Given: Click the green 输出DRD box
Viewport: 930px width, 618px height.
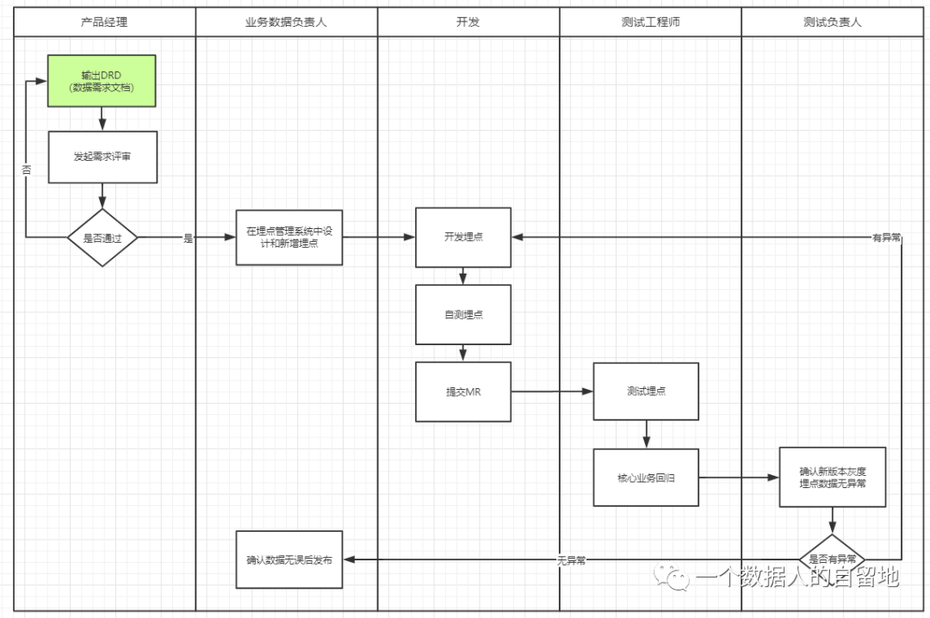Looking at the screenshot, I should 102,81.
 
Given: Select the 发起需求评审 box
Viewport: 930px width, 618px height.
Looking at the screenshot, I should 102,157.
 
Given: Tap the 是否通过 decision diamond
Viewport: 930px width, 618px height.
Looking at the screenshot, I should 102,238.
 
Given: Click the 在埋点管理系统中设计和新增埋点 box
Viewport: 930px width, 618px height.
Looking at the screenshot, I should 288,238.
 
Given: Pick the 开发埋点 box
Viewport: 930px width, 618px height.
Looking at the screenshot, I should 463,237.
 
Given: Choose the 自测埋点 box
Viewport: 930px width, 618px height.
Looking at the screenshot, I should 463,314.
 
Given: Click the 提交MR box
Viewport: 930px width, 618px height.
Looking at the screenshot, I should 463,392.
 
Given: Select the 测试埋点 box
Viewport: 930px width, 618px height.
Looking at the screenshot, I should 646,392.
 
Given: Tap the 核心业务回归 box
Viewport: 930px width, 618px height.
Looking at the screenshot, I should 646,477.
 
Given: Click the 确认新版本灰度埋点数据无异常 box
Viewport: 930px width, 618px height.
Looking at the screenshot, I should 832,477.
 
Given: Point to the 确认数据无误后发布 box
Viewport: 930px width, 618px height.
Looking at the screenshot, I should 288,559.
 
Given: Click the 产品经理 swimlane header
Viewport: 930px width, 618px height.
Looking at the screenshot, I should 104,22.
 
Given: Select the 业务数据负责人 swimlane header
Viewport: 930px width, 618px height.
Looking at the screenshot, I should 286,22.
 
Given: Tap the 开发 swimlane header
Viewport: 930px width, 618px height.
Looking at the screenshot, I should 468,22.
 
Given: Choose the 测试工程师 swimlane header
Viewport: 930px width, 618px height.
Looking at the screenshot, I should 650,22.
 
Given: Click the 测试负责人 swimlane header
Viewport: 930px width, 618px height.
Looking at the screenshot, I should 832,22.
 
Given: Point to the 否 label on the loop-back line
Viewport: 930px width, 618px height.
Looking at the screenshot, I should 26,170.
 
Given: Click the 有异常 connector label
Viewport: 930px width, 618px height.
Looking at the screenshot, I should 886,238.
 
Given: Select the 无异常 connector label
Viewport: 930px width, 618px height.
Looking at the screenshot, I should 571,560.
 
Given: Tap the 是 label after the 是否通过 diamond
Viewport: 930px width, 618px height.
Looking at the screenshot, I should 188,238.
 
